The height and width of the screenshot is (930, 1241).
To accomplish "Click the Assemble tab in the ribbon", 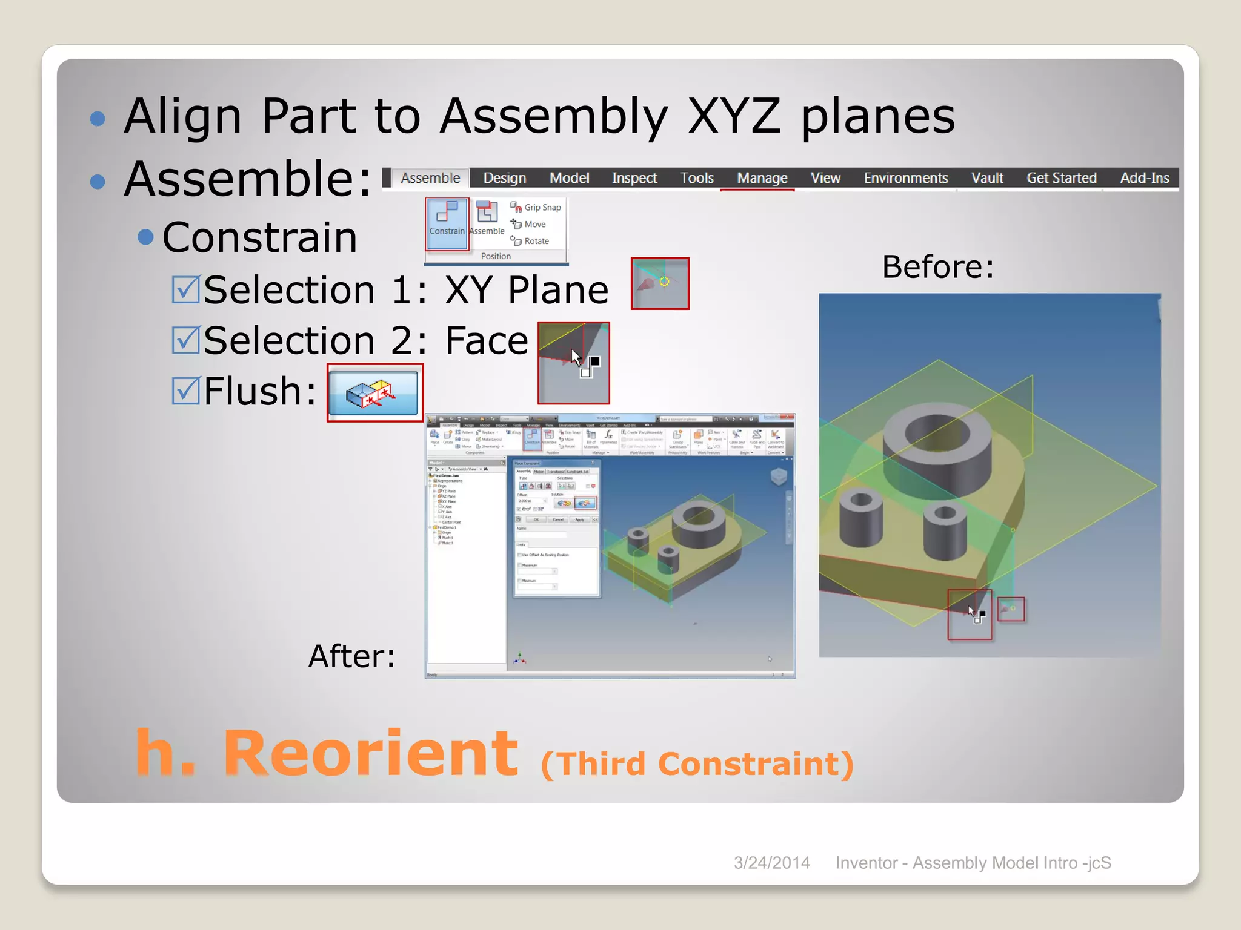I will (430, 178).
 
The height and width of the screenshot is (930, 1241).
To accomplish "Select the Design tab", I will (504, 178).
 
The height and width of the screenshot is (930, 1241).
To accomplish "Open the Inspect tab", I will (634, 178).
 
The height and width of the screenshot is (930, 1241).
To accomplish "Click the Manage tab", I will (762, 178).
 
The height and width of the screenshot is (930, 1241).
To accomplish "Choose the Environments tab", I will (905, 178).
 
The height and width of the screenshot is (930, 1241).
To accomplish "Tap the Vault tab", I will (986, 178).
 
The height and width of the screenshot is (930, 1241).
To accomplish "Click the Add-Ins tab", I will (1144, 178).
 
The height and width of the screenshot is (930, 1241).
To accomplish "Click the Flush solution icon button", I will (374, 393).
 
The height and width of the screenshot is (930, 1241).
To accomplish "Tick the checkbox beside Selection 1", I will (185, 289).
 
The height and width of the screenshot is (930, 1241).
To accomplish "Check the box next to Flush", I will (185, 391).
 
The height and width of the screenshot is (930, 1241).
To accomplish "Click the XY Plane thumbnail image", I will (659, 283).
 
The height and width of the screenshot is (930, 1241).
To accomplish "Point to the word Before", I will (937, 266).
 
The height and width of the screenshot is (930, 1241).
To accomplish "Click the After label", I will (351, 656).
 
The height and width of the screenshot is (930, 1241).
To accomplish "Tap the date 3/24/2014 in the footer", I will (771, 863).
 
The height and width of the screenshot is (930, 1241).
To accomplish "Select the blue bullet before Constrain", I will (145, 237).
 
